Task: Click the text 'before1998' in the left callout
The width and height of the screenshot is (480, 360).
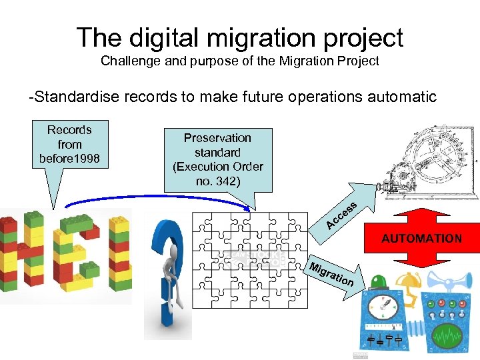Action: click(x=69, y=159)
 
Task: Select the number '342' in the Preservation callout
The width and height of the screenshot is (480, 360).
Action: click(x=228, y=181)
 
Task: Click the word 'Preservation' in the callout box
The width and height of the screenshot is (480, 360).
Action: click(x=217, y=138)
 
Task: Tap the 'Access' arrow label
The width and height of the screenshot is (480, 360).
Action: click(x=342, y=215)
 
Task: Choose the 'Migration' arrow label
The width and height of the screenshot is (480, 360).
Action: click(x=331, y=274)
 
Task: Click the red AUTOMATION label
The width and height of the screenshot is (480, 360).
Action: click(x=421, y=238)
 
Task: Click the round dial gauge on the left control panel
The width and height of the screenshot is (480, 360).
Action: click(x=385, y=308)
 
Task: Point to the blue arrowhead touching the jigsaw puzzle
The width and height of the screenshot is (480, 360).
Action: click(x=249, y=209)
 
